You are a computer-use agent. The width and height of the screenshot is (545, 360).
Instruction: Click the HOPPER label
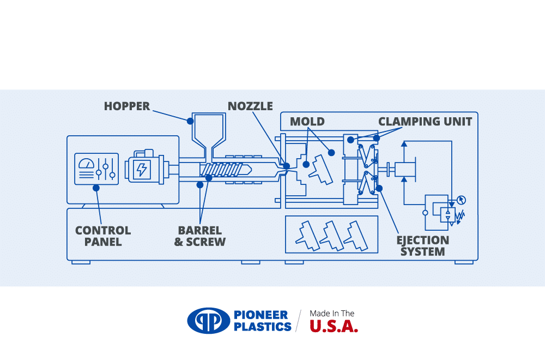[x=126, y=106]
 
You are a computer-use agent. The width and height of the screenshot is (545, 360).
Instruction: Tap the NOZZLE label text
[x=250, y=106]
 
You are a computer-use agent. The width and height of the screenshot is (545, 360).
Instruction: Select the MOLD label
[x=307, y=121]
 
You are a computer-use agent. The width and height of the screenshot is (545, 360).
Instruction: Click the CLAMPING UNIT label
[x=425, y=121]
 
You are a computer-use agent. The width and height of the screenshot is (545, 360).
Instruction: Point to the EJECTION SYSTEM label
[x=423, y=245]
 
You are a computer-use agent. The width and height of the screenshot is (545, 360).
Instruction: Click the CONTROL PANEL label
[x=103, y=236]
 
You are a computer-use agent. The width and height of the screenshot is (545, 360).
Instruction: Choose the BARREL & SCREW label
[x=200, y=236]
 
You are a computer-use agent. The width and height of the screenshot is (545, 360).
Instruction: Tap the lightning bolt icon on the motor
[x=142, y=169]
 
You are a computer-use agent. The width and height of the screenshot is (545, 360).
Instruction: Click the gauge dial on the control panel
[x=87, y=163]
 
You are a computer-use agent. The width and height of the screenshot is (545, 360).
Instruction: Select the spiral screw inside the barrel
[x=221, y=170]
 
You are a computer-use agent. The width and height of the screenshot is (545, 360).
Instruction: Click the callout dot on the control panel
[x=96, y=188]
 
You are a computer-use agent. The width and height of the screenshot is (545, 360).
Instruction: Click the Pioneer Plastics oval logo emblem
[x=209, y=321]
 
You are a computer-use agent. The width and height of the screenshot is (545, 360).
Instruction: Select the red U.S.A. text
[x=334, y=327]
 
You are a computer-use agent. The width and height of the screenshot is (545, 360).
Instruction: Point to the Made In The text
[x=332, y=314]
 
